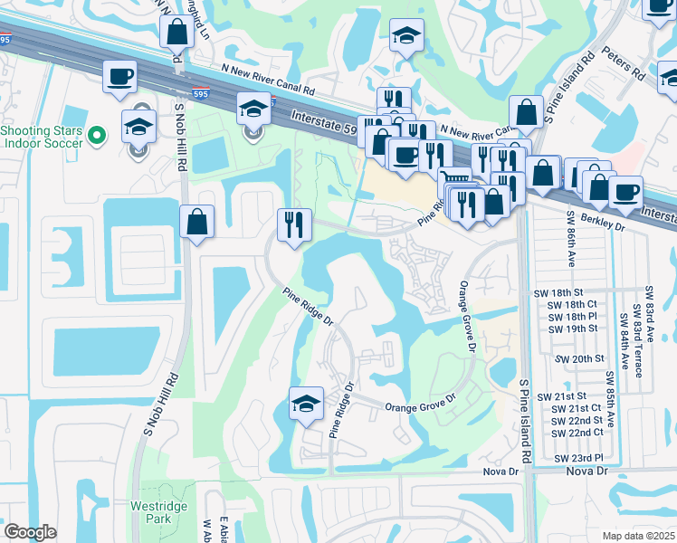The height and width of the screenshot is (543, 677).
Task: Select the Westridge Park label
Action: [158, 513]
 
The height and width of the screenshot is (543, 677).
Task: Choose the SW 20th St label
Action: [587, 358]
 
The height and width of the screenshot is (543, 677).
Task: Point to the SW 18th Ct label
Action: [572, 306]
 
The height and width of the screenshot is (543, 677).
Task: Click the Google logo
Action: [30, 532]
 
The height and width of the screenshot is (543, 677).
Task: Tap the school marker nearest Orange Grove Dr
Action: [306, 404]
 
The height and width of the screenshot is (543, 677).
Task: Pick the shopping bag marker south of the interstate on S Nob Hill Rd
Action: [196, 222]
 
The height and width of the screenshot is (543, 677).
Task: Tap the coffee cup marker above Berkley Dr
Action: [625, 192]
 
